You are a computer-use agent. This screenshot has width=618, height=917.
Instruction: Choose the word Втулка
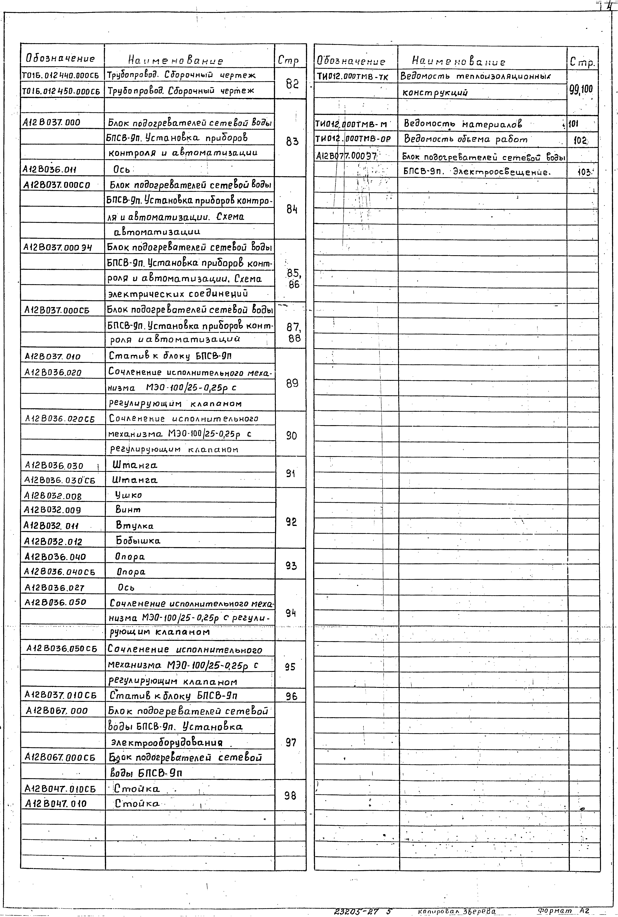click(134, 525)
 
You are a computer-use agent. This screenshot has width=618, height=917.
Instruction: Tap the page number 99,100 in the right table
click(581, 89)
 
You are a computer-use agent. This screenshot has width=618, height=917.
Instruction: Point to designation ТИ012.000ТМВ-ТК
click(352, 77)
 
